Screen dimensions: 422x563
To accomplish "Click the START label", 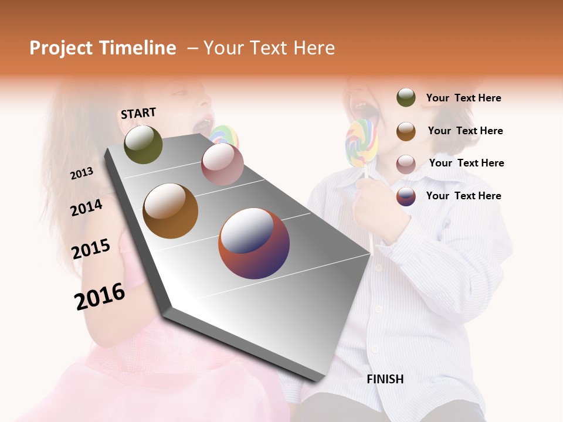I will tap(138, 113).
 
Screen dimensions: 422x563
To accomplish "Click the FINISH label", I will tap(385, 379).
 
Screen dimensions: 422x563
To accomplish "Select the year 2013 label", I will tap(82, 173).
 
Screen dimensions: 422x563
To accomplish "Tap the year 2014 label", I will tap(86, 207).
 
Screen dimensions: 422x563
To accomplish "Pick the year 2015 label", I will tap(91, 249).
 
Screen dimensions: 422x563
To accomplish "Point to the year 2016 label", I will tap(100, 296).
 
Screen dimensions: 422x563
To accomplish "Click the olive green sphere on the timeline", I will tap(143, 144).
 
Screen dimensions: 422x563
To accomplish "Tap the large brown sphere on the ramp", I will tap(170, 211).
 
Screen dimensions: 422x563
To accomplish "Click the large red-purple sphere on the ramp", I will tap(254, 243).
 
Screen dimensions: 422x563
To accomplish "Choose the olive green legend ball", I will tap(406, 98).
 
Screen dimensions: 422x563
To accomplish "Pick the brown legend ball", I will tap(406, 131).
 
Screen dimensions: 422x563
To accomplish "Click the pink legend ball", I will tap(406, 164).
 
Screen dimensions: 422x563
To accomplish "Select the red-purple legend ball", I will tap(406, 196).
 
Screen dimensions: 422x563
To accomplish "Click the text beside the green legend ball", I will tap(463, 98).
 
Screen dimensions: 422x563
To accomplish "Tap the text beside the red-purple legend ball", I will tap(463, 196).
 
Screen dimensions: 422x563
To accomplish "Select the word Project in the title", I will tap(62, 48).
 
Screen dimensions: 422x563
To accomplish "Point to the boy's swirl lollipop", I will tap(361, 142).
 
